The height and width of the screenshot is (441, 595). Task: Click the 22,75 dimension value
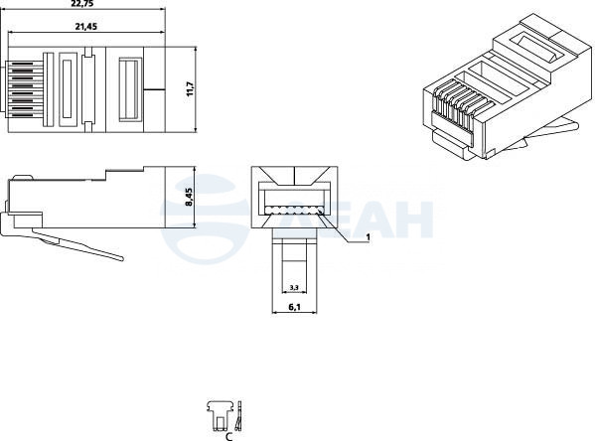[x=82, y=3]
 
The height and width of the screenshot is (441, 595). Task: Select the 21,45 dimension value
[x=86, y=26]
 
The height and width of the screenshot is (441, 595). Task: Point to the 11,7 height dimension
[x=190, y=89]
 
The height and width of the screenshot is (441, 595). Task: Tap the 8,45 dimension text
[x=189, y=198]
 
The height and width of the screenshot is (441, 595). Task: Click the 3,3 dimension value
[x=294, y=287]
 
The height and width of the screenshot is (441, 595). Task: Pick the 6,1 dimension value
[x=294, y=307]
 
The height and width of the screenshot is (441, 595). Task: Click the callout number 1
[x=368, y=236]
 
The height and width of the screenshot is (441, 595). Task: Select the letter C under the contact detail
[x=228, y=436]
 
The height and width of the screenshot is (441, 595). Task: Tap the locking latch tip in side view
[x=120, y=258]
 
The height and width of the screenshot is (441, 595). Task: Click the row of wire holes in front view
[x=294, y=211]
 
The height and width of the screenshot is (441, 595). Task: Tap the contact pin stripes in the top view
[x=24, y=89]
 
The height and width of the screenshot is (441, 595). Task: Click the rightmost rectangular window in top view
[x=130, y=89]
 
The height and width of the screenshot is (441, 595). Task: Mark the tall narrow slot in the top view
[x=68, y=89]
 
